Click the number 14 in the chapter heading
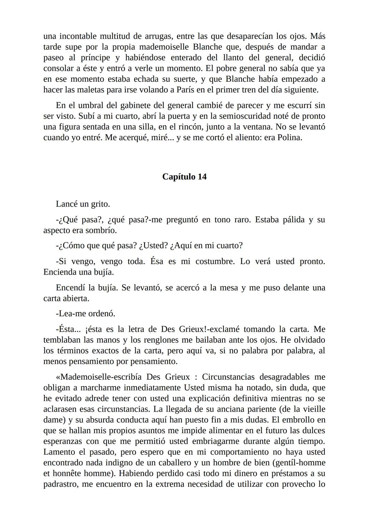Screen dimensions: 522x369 pos(202,177)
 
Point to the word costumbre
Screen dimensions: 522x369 pos(215,262)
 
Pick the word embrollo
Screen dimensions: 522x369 pos(300,420)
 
